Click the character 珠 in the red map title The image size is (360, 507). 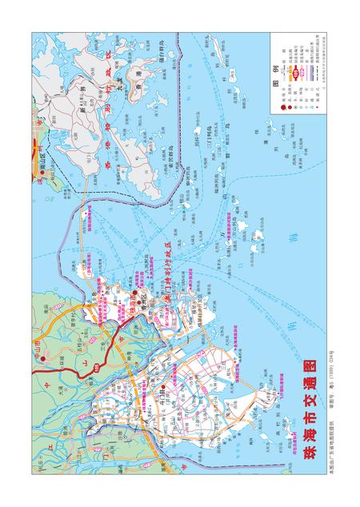pyautogui.click(x=310, y=457)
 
